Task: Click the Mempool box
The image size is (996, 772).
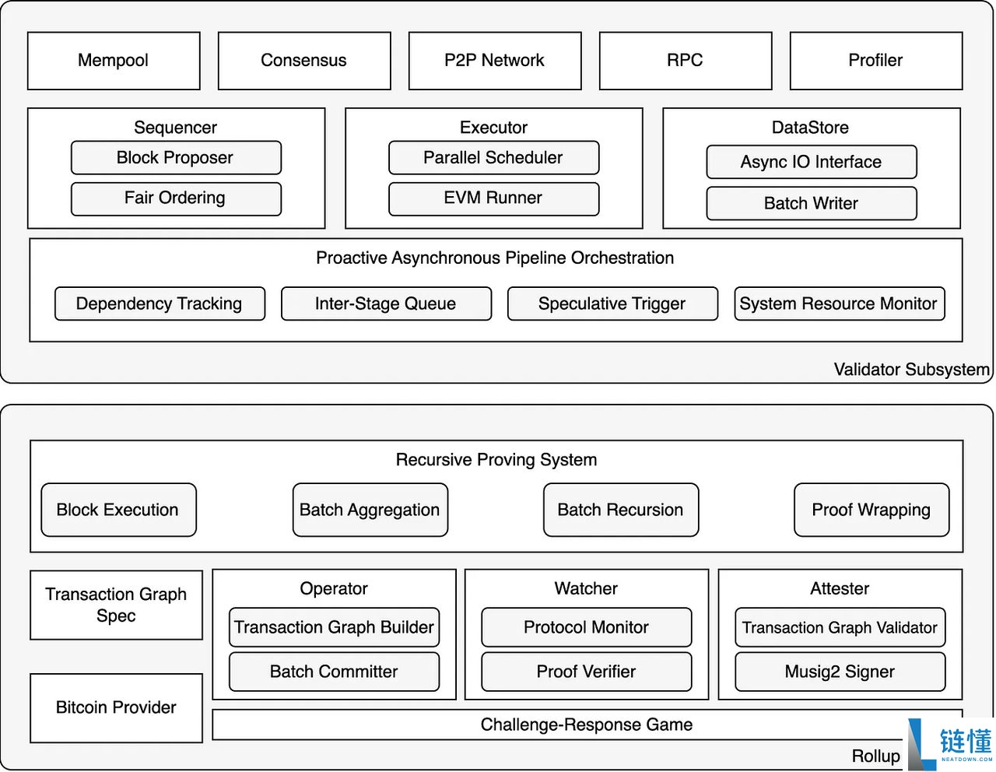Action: click(x=114, y=61)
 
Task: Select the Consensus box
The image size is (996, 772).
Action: click(x=304, y=61)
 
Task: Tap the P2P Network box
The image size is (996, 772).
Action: click(x=495, y=61)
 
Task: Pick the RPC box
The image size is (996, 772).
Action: click(x=686, y=61)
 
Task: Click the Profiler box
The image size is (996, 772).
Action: click(x=876, y=61)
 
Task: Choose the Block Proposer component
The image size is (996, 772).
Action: click(x=176, y=158)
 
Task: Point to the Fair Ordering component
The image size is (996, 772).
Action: click(x=176, y=198)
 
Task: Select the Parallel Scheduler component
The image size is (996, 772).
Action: click(x=493, y=158)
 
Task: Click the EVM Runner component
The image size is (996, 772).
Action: click(x=493, y=198)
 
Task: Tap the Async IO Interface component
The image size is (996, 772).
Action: click(x=811, y=162)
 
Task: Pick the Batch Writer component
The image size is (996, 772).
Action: click(x=811, y=203)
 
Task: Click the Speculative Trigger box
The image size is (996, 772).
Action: click(x=612, y=304)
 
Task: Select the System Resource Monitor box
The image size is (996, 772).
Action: click(x=839, y=304)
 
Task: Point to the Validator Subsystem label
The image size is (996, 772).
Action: click(x=911, y=369)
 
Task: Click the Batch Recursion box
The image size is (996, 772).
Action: click(x=621, y=510)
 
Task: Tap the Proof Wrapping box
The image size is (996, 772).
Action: click(x=871, y=510)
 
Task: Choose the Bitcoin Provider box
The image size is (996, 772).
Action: click(x=116, y=707)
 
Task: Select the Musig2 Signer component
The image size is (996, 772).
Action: click(x=840, y=672)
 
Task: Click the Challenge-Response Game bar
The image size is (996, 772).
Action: click(x=587, y=725)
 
